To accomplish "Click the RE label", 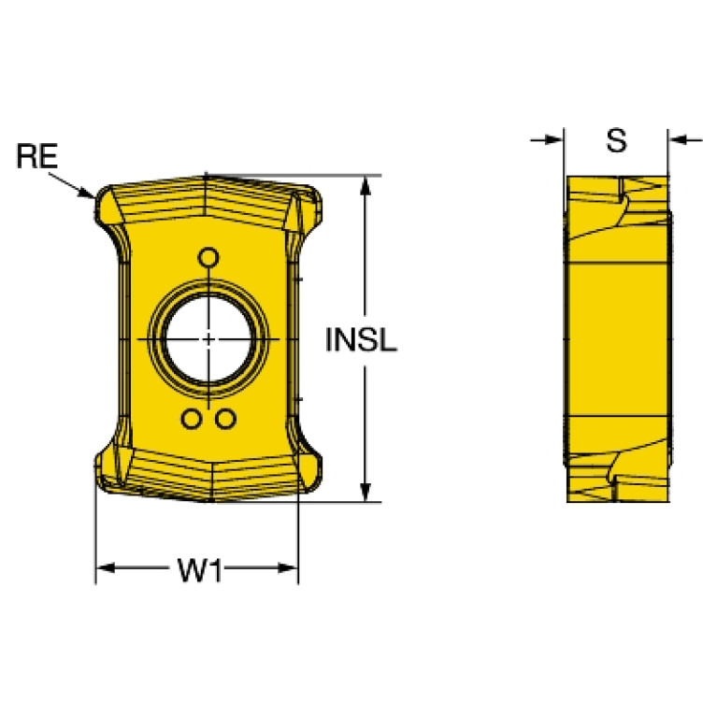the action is point(37,156).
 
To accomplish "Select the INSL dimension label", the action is point(361,340).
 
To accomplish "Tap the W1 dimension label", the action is point(200,570).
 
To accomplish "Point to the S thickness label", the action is point(616,140).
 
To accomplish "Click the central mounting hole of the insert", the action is point(208,339).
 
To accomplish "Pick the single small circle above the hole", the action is point(208,257).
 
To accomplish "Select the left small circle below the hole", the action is point(191,419).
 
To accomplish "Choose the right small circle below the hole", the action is point(225,419).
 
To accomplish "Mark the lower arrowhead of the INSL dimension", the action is point(365,492).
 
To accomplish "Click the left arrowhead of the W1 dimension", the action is point(106,568).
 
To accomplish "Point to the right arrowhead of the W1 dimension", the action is point(288,568).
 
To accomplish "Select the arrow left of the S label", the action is point(547,139).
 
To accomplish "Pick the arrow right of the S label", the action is point(685,139).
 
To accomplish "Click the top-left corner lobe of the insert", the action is point(108,208).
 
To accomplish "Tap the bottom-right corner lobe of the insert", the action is point(308,470).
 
